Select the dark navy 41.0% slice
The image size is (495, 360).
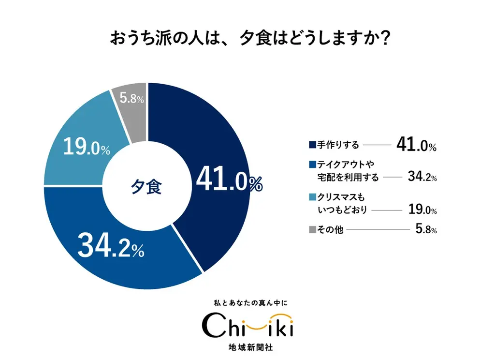click(x=218, y=145)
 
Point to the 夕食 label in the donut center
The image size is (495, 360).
click(x=147, y=187)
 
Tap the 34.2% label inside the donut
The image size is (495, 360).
click(x=111, y=246)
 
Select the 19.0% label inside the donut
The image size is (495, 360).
click(x=87, y=148)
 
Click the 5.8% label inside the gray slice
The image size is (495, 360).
click(x=131, y=99)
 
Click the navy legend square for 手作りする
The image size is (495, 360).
click(x=312, y=145)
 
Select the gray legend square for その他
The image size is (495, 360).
click(x=312, y=229)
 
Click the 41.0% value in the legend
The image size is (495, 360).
click(x=416, y=145)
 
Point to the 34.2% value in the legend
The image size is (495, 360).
click(x=422, y=177)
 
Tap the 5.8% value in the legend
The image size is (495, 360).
click(x=426, y=229)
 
